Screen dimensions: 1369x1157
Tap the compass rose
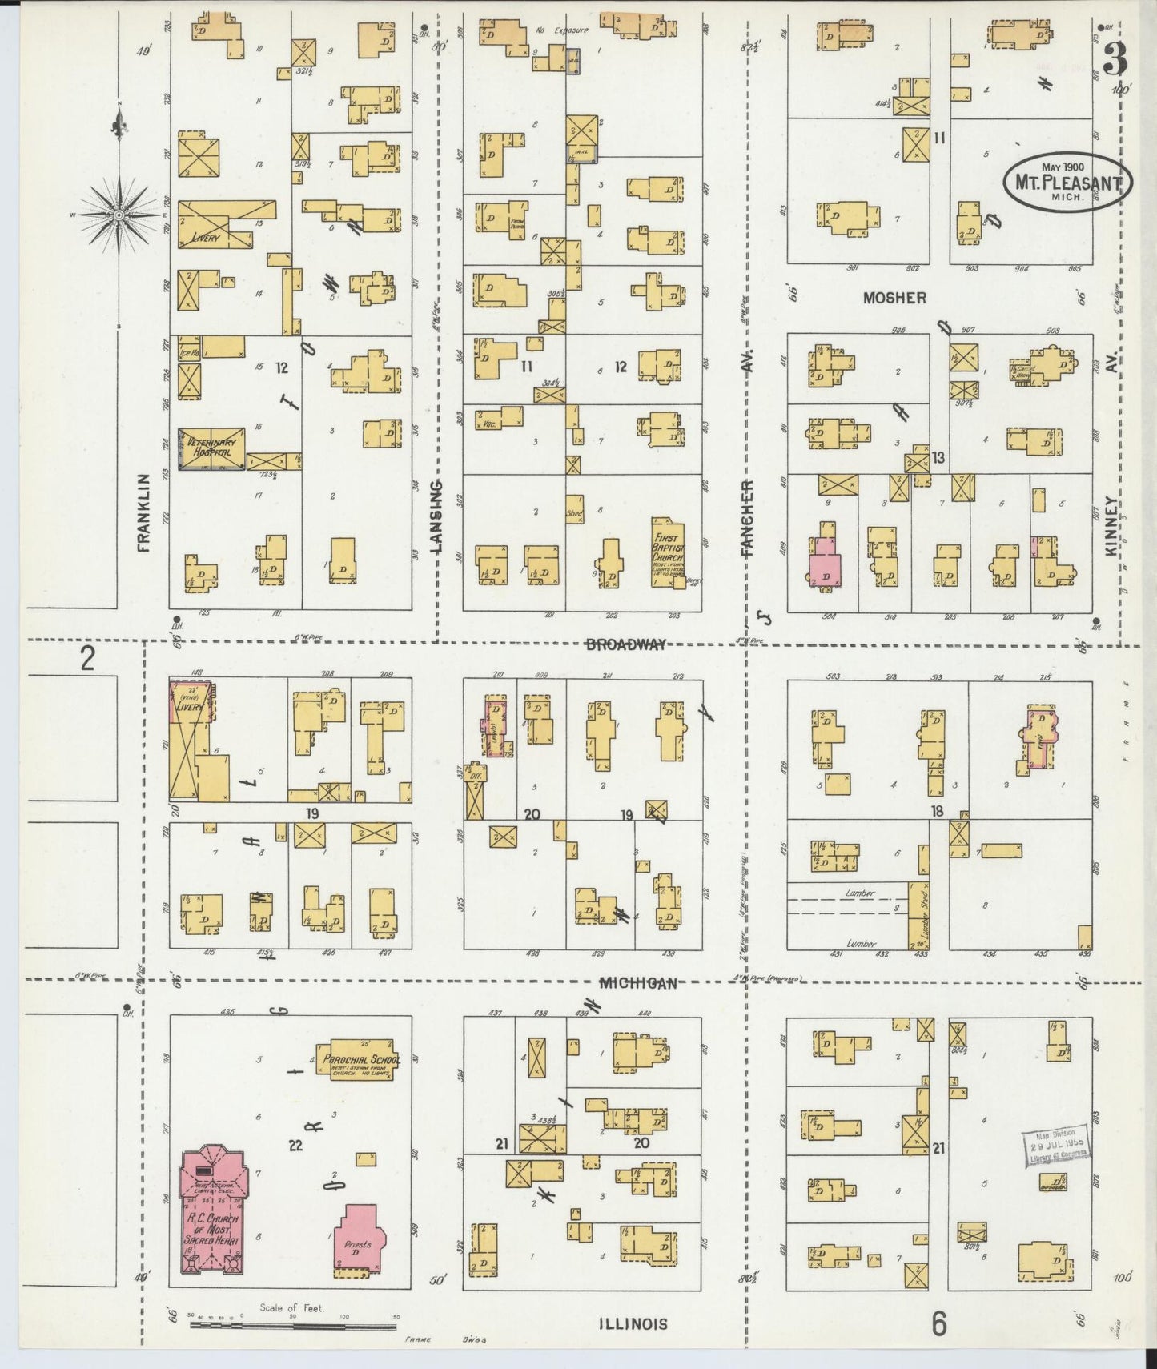[x=119, y=215]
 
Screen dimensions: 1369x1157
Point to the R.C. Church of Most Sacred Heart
[x=212, y=1222]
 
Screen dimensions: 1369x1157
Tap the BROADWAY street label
[x=625, y=644]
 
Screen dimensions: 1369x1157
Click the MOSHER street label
[x=894, y=298]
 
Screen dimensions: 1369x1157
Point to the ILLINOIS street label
[x=632, y=1323]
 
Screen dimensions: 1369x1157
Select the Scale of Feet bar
[x=292, y=1326]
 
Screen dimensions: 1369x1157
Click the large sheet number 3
[x=1115, y=58]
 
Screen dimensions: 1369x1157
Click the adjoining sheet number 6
[x=938, y=1324]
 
